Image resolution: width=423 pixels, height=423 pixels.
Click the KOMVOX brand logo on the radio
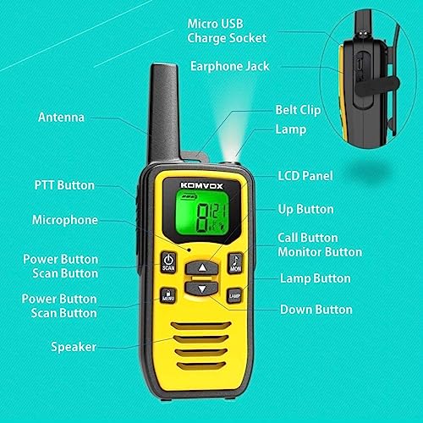201,185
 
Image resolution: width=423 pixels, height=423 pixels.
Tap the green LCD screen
201,212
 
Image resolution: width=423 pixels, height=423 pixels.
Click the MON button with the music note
235,263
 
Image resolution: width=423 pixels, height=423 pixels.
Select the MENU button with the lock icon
168,295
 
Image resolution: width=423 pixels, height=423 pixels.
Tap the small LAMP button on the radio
234,296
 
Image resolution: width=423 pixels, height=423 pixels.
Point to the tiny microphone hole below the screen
190,250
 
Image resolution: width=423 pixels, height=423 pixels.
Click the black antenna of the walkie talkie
164,113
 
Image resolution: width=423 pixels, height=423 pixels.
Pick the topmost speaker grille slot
201,326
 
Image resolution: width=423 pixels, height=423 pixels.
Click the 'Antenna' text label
61,118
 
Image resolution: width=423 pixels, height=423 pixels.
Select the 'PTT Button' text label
64,185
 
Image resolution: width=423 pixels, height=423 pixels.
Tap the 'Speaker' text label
74,347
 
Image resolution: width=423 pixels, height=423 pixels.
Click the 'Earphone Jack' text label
230,67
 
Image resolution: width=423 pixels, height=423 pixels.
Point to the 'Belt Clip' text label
298,110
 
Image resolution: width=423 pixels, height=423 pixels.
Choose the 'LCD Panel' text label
305,176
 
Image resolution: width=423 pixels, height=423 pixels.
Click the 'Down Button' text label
316,310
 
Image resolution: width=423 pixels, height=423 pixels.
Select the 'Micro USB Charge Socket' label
227,31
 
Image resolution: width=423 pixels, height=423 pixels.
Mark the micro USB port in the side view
359,64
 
